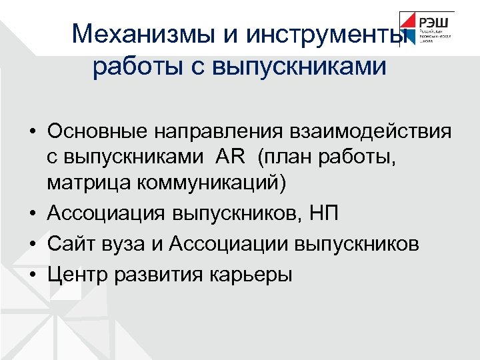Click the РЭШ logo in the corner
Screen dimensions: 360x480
427,28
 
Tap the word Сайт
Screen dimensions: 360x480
69,244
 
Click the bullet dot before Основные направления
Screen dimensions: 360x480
33,131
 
